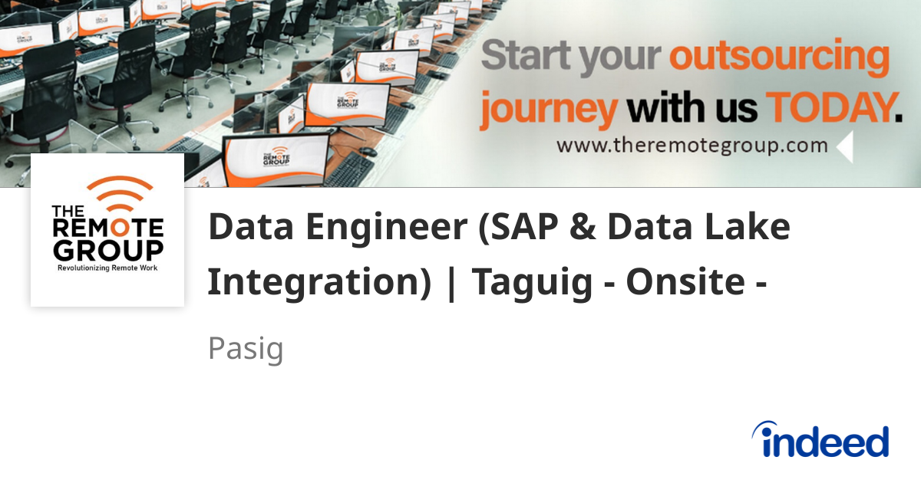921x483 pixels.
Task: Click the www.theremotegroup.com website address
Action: pos(692,145)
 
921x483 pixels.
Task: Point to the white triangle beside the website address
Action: pos(845,147)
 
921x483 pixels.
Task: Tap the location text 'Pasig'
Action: pos(246,349)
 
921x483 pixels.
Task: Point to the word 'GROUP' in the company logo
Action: pos(107,250)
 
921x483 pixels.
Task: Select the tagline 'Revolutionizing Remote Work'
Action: pos(107,269)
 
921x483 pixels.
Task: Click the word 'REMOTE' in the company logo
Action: pos(107,228)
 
